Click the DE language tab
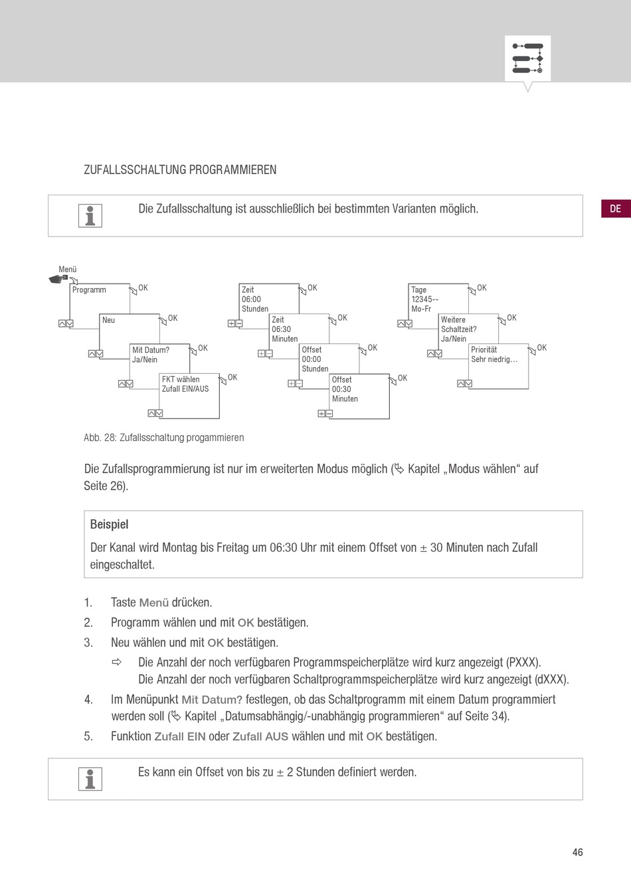[x=616, y=209]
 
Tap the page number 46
[x=577, y=851]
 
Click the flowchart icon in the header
[x=528, y=58]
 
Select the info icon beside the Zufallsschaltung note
[x=90, y=215]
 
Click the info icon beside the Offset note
[x=90, y=778]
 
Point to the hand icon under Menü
[x=58, y=279]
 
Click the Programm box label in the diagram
[x=89, y=290]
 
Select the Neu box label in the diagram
[x=108, y=319]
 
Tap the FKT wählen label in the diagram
[x=181, y=379]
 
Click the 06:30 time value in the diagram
[x=282, y=329]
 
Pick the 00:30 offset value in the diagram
[x=341, y=389]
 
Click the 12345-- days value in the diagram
[x=425, y=299]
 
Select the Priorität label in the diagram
[x=484, y=349]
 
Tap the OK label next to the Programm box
[x=143, y=288]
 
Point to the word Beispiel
[x=109, y=525]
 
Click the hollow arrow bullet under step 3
[x=117, y=662]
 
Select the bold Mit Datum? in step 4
[x=212, y=699]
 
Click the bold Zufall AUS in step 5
[x=260, y=737]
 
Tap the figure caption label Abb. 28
[x=100, y=437]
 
